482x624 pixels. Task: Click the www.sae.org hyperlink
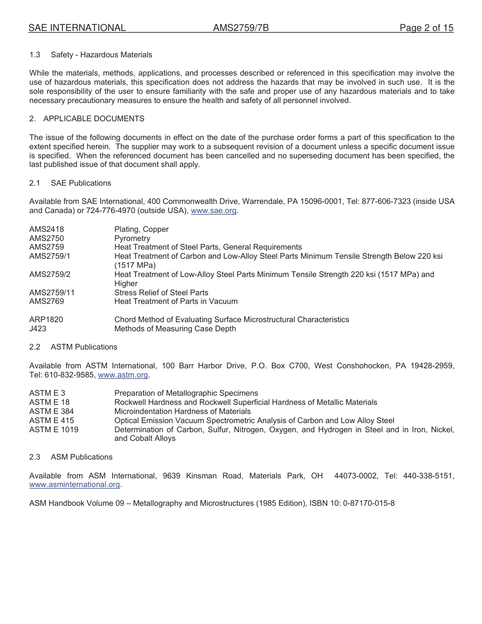[214, 211]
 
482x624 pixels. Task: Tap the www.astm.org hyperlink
[123, 375]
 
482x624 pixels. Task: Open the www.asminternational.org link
[75, 484]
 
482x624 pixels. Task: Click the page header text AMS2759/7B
[240, 28]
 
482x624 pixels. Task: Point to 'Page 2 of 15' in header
[426, 28]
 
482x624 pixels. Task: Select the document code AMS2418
[47, 229]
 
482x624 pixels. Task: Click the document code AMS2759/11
[52, 293]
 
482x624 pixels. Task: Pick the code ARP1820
[46, 320]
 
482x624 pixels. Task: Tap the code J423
[38, 329]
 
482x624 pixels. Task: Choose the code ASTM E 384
[51, 411]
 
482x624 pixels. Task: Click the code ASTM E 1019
[53, 430]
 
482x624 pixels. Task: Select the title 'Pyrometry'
[132, 238]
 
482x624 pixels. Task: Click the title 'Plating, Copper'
[142, 229]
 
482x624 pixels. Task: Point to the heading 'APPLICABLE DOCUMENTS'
[94, 119]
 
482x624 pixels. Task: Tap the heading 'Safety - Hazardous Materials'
[101, 55]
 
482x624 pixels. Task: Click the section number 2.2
[35, 347]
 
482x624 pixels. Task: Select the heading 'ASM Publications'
[82, 457]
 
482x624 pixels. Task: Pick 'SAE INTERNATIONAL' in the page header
[77, 28]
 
